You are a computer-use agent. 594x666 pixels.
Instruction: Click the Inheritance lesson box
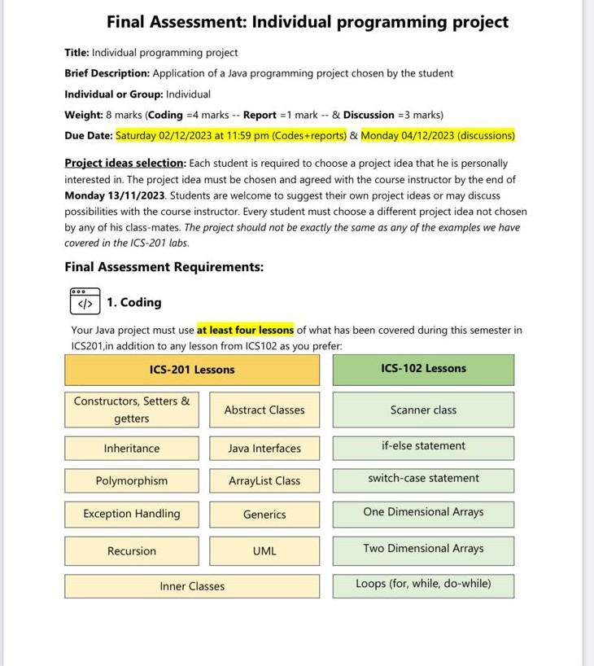[132, 449]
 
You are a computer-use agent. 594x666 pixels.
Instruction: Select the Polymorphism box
[132, 481]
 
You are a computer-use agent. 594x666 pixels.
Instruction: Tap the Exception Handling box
[132, 514]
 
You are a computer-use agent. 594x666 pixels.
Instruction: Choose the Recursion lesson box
[132, 551]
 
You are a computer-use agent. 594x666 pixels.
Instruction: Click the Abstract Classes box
[264, 410]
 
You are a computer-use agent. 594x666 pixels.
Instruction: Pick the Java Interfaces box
[264, 449]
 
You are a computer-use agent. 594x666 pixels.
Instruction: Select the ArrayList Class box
[264, 481]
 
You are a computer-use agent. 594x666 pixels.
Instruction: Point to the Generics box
[264, 515]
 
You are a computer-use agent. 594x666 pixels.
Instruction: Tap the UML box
[264, 551]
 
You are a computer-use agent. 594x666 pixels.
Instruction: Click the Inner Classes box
[192, 586]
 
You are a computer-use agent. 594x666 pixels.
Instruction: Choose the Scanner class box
[423, 410]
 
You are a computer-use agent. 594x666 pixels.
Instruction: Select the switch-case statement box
[423, 479]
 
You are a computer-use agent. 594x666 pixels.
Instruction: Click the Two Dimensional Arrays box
[423, 549]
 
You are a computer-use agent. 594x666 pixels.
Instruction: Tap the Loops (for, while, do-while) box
[423, 584]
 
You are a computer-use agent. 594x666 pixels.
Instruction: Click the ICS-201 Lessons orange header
[192, 370]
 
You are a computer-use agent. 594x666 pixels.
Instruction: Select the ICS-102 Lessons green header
[423, 369]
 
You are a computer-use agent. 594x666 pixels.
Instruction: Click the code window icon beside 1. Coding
[85, 301]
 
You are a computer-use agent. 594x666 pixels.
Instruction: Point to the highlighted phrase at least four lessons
[245, 331]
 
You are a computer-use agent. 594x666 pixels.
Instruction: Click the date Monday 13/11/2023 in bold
[115, 195]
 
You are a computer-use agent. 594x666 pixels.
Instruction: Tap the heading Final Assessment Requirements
[164, 267]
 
